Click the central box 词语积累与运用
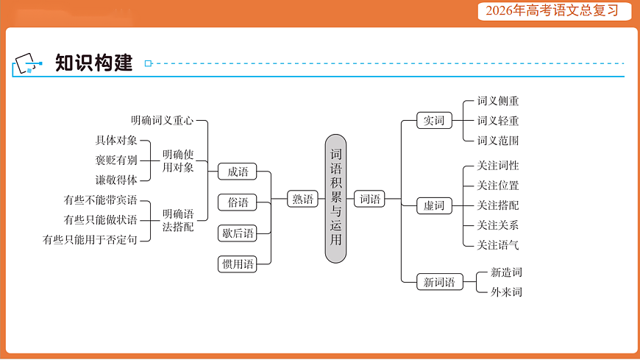[x=335, y=199]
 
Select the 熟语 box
[x=302, y=199]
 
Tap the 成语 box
[x=238, y=172]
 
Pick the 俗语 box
[x=238, y=202]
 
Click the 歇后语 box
[x=238, y=233]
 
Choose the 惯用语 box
[x=238, y=264]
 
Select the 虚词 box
[x=434, y=205]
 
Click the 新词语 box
[x=439, y=282]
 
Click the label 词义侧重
[x=498, y=101]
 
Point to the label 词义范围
[x=498, y=141]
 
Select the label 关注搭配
[x=498, y=205]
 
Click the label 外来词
[x=506, y=292]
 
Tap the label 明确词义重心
[x=162, y=120]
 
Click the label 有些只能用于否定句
[x=90, y=239]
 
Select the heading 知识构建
[x=93, y=63]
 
